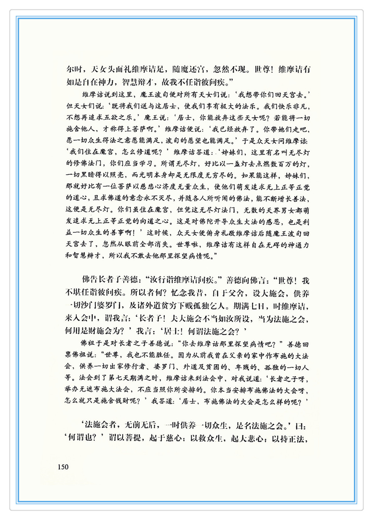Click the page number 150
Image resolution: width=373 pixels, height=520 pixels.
coord(63,467)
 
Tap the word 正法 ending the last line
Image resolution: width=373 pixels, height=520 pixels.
coord(299,438)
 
